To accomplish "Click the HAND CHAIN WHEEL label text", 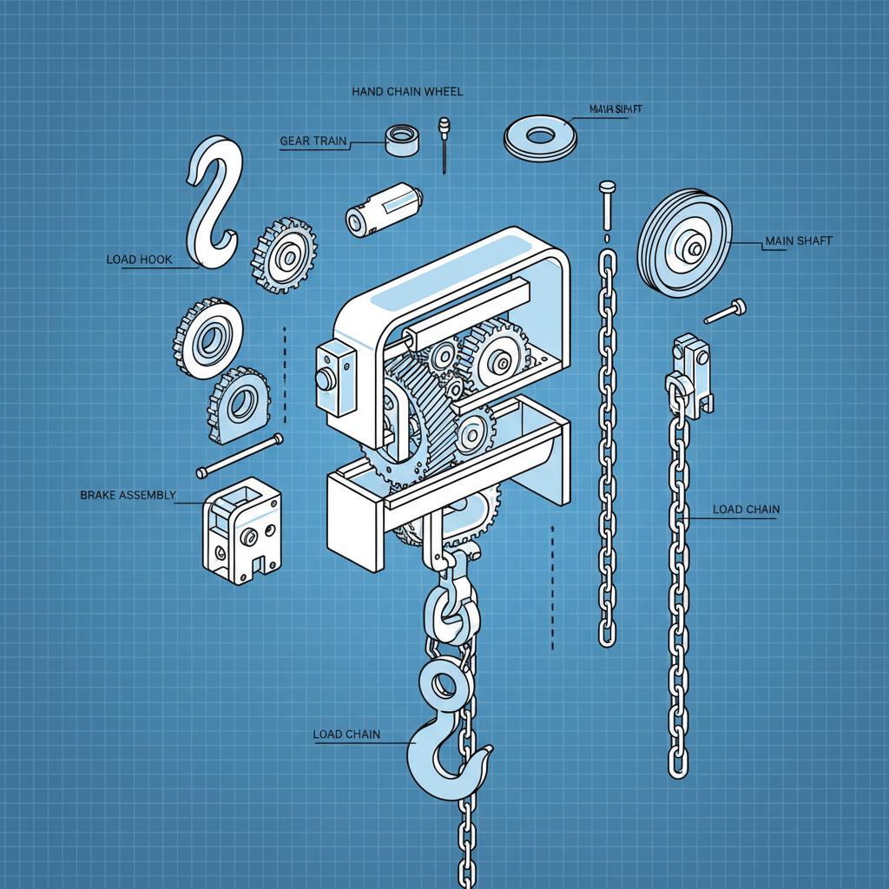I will [x=407, y=91].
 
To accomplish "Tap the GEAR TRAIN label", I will [x=313, y=141].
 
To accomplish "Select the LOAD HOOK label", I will [x=139, y=260].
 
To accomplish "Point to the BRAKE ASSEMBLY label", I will [x=128, y=495].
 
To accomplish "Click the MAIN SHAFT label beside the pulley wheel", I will [x=798, y=241].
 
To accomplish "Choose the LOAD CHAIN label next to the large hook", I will [x=346, y=734].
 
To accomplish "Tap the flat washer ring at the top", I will [x=541, y=137].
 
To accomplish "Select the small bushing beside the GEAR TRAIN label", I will [x=401, y=140].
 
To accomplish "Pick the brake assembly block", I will [x=242, y=529].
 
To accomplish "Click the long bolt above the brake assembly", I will [x=240, y=455].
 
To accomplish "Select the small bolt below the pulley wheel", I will [x=726, y=311].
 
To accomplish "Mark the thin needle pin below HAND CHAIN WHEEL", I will [x=444, y=143].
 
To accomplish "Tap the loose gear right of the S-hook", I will [x=283, y=255].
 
